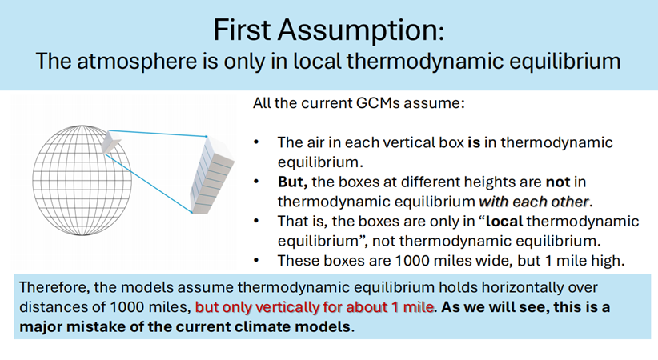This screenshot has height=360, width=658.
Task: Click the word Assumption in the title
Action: [x=360, y=30]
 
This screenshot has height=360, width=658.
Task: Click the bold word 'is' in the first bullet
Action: [x=474, y=142]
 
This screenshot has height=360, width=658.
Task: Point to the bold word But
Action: [x=292, y=182]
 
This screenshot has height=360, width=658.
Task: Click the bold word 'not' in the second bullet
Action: [x=558, y=182]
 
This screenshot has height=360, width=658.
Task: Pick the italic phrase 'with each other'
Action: [x=534, y=202]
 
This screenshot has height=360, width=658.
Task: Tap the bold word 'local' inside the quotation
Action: [x=504, y=221]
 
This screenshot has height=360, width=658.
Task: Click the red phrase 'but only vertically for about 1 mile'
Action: [x=315, y=307]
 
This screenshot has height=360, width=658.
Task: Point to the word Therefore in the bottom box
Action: [x=54, y=288]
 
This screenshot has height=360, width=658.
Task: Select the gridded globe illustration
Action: [x=82, y=181]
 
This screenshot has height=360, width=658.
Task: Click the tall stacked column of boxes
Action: [x=211, y=175]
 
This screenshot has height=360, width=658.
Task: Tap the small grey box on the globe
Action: [x=110, y=142]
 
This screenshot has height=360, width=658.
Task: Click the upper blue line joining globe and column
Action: [x=158, y=133]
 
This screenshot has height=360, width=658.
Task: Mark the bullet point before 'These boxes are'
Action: [x=256, y=261]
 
